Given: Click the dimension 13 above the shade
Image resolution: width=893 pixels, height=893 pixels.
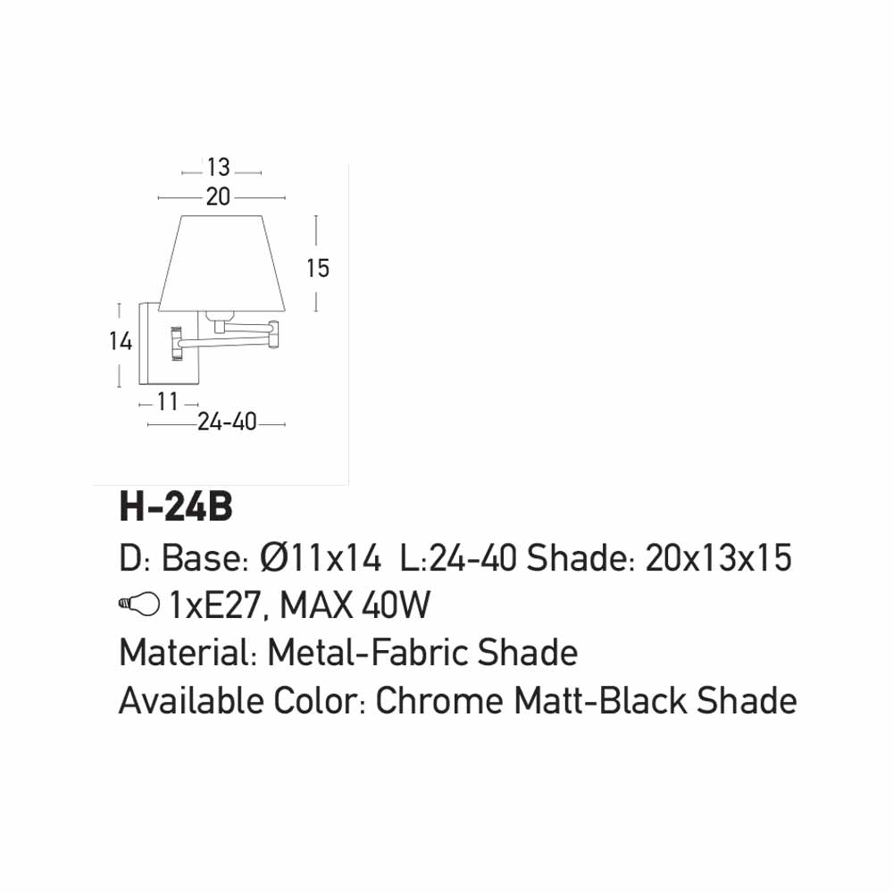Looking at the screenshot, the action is coord(219,168).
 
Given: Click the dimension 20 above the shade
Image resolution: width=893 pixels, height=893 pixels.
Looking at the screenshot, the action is coord(218,197).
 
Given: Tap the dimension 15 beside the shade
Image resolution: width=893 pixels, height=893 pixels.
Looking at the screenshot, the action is coord(318,268).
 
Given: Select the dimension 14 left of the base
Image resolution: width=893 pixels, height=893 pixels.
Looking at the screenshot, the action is coord(121,341).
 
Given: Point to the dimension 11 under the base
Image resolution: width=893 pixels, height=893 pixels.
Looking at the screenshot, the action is coord(168,402).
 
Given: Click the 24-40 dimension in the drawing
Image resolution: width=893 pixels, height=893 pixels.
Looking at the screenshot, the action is coord(227,422).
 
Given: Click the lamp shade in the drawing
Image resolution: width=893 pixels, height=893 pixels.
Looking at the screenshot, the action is coord(221,263).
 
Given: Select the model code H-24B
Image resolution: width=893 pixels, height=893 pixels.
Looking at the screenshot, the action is coord(176,507).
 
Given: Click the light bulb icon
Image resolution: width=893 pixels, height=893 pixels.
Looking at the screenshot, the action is coord(139,604).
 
